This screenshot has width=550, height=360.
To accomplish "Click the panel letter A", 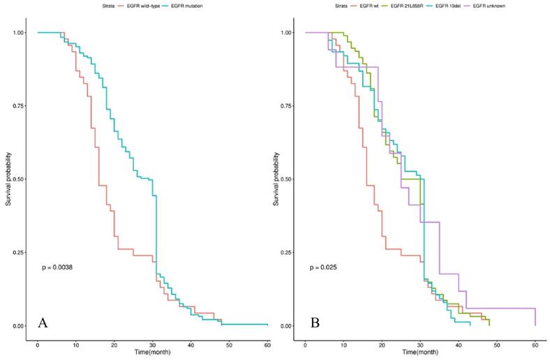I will [43, 323].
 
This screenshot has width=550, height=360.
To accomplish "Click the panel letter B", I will [315, 323].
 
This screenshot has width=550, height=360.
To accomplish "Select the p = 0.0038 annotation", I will [61, 267].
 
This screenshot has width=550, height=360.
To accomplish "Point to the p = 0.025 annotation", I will [326, 267].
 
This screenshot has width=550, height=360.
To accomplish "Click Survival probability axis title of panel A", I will [9, 179].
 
